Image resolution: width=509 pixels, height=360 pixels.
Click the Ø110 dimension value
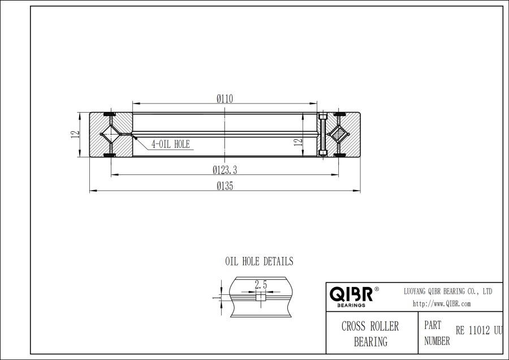pos(225,98)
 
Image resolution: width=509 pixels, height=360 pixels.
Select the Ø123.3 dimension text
pos(225,169)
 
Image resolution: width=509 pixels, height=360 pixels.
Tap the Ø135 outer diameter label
pos(225,186)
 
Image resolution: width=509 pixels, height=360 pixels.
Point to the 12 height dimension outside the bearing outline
pos(74,135)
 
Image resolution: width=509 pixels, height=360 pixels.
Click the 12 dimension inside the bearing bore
pos(297,142)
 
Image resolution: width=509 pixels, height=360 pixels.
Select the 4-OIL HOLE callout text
pos(170,144)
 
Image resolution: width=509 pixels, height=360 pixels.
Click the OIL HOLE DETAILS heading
pos(259,262)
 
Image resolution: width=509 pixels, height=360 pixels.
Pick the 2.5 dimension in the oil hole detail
pos(261,285)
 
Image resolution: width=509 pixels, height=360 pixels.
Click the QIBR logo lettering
pos(351,294)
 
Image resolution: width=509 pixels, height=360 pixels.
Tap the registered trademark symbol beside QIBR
pos(377,289)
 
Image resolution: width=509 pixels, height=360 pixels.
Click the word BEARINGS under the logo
pos(351,305)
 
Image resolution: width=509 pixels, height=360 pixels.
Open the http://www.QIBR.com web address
pos(442,303)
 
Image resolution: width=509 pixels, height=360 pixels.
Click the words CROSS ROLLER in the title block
pos(370,327)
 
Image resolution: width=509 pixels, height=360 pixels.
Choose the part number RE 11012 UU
pos(478,331)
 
